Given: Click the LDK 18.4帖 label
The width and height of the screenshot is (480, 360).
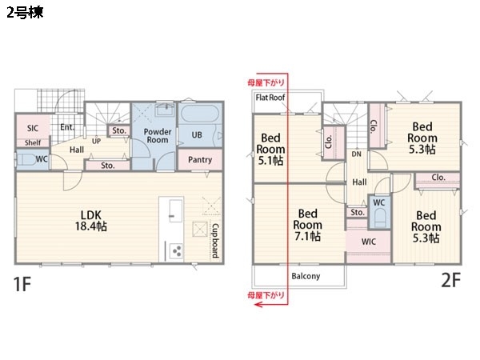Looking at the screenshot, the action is [91, 221].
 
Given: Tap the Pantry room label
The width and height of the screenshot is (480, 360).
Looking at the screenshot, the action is [200, 159].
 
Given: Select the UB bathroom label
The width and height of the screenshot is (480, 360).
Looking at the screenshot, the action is [197, 134].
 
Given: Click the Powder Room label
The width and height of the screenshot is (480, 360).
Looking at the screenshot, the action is [158, 136].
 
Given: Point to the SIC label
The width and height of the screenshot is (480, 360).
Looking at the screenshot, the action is [33, 128].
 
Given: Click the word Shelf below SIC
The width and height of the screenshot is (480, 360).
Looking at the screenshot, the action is [33, 142].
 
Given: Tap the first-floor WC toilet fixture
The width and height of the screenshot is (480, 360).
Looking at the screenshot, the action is [26, 160].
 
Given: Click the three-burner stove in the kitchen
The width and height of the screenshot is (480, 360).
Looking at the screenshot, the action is [176, 252].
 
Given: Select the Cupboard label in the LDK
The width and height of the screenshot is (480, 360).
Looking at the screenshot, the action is [216, 241].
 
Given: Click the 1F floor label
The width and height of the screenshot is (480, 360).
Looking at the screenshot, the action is [22, 284].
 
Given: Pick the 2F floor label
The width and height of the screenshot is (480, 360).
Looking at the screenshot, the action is [450, 280].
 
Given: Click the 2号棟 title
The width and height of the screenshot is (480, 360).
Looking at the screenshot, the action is [25, 13].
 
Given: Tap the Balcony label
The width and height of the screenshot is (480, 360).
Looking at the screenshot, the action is [306, 276].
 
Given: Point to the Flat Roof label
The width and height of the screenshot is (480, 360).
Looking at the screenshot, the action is [270, 98].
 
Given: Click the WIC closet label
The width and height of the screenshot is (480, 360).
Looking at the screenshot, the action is [368, 242].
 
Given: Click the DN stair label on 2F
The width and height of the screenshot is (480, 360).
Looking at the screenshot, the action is [356, 154].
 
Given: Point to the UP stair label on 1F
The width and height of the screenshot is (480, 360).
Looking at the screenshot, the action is [96, 141].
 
